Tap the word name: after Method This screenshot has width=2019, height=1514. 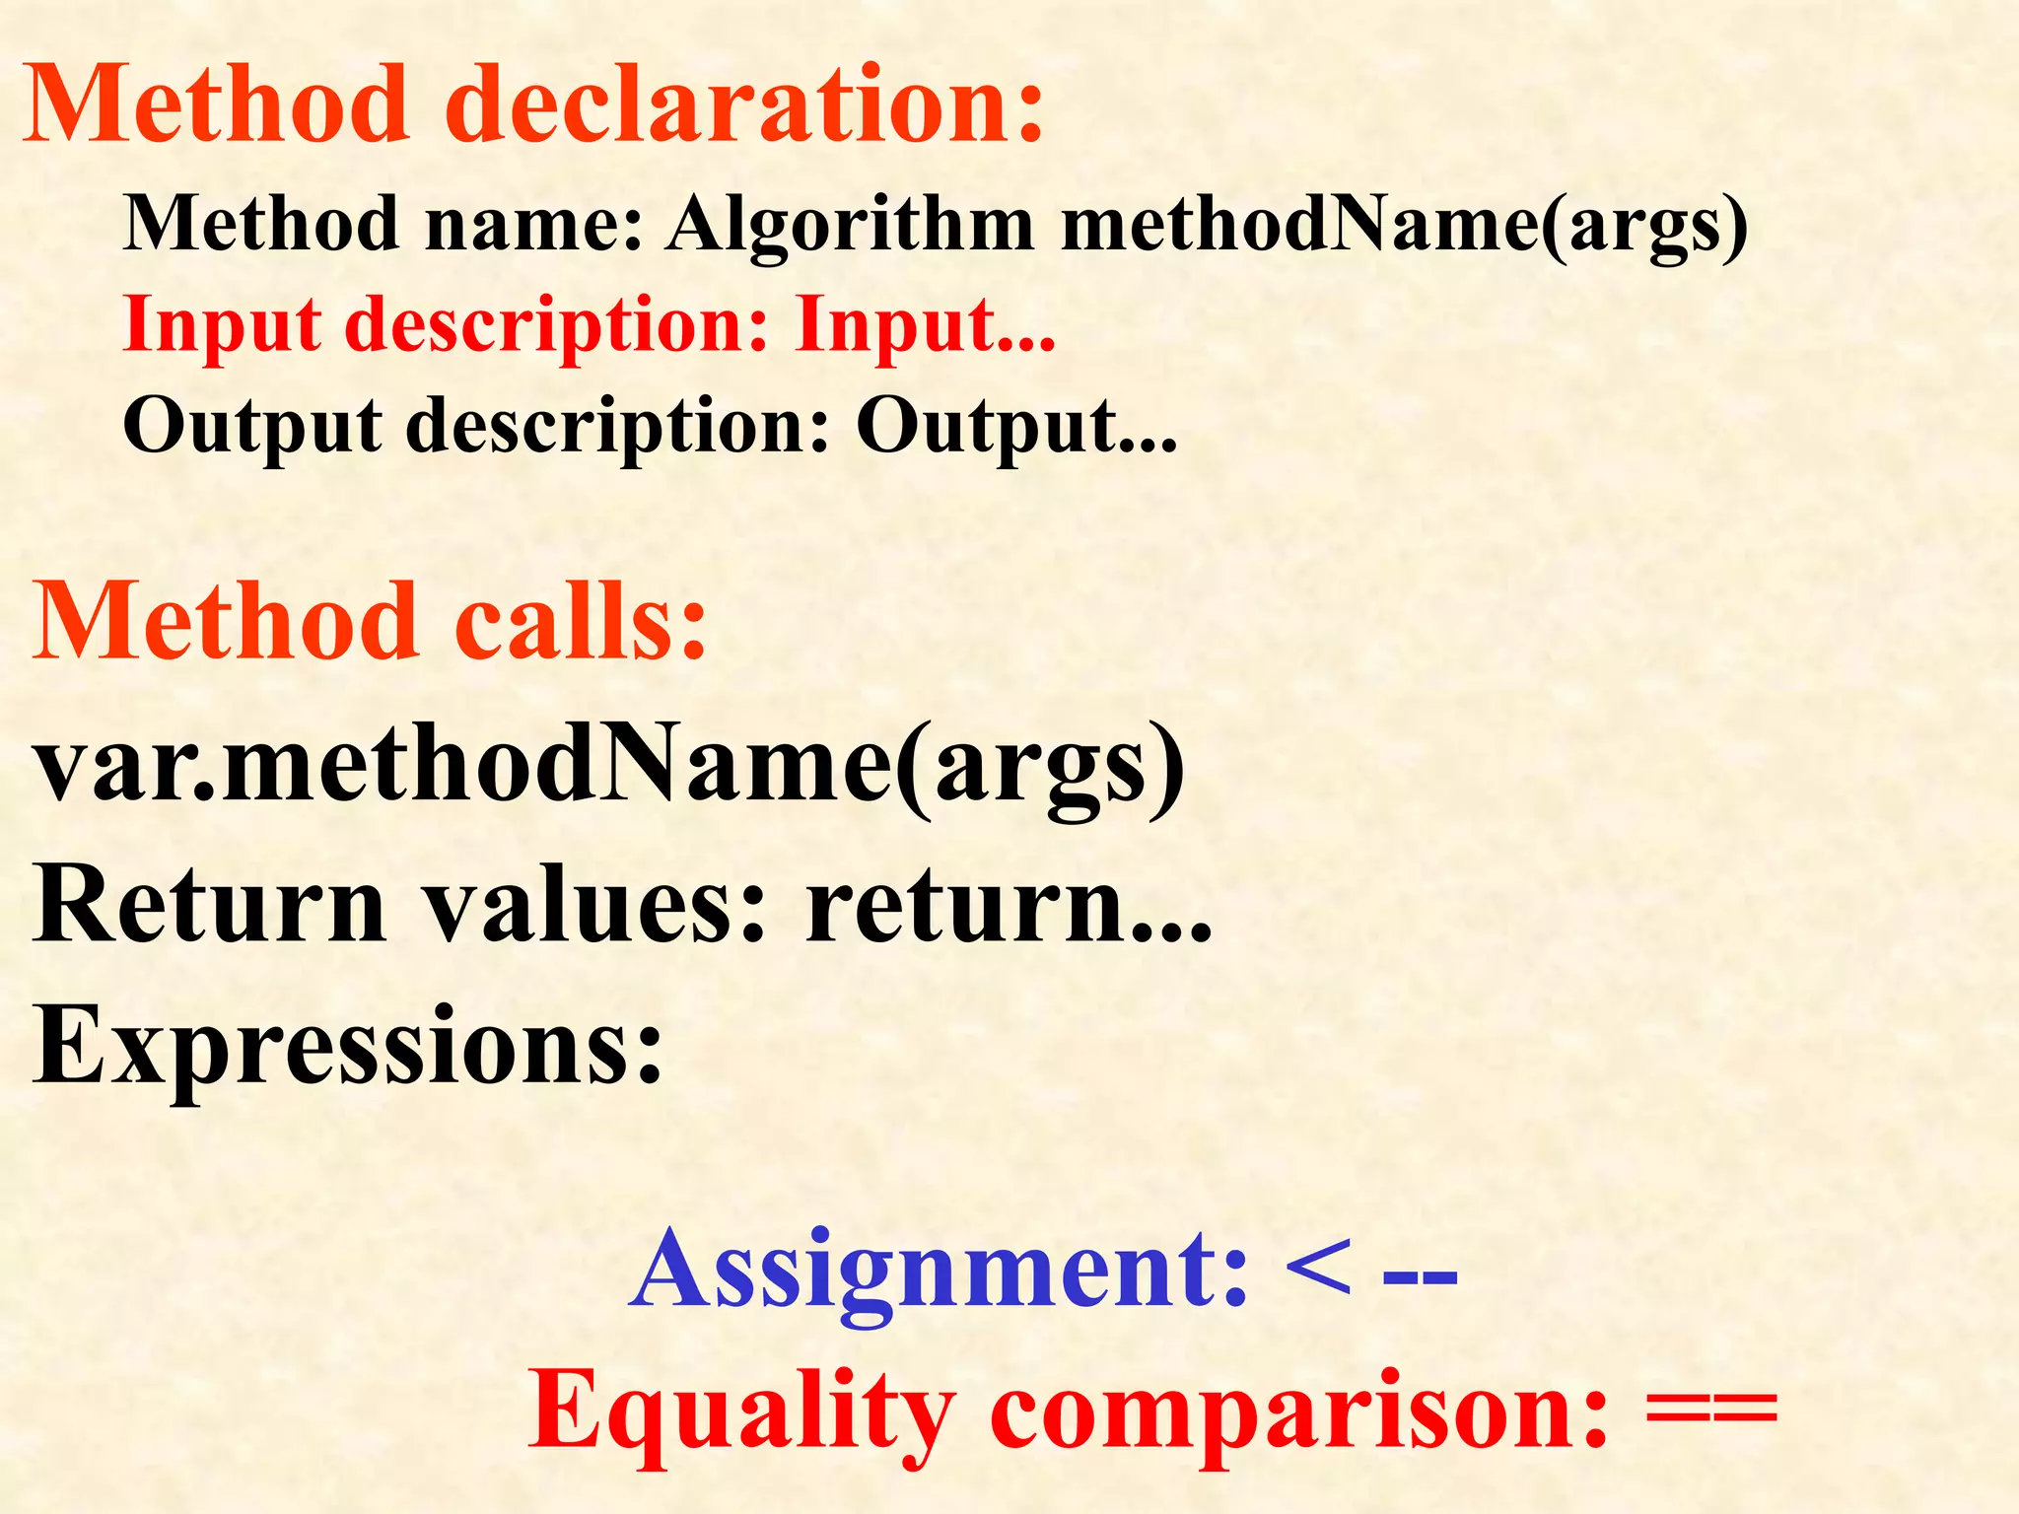(x=533, y=225)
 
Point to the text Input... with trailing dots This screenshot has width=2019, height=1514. (x=925, y=325)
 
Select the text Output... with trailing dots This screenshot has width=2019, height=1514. (x=1015, y=428)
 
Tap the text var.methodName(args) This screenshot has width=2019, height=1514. (x=608, y=769)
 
